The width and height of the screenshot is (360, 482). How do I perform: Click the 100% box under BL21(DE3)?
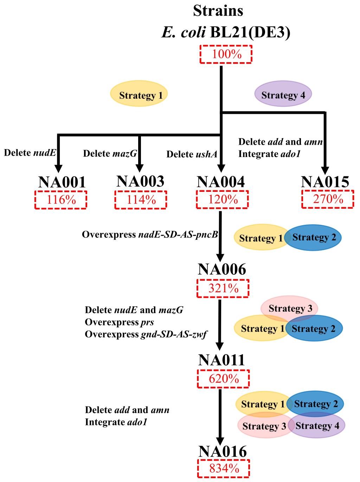click(226, 54)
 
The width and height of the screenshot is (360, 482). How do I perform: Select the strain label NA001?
click(62, 182)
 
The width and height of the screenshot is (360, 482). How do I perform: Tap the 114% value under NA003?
click(141, 200)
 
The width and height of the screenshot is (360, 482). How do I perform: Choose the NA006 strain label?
click(222, 270)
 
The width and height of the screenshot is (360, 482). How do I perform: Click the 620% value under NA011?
click(223, 379)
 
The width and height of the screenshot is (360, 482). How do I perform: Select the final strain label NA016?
click(222, 452)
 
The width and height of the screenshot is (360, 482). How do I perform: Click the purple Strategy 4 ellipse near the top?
click(283, 95)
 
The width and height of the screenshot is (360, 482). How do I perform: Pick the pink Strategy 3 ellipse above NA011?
click(290, 308)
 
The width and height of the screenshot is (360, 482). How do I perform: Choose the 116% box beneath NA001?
click(61, 200)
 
